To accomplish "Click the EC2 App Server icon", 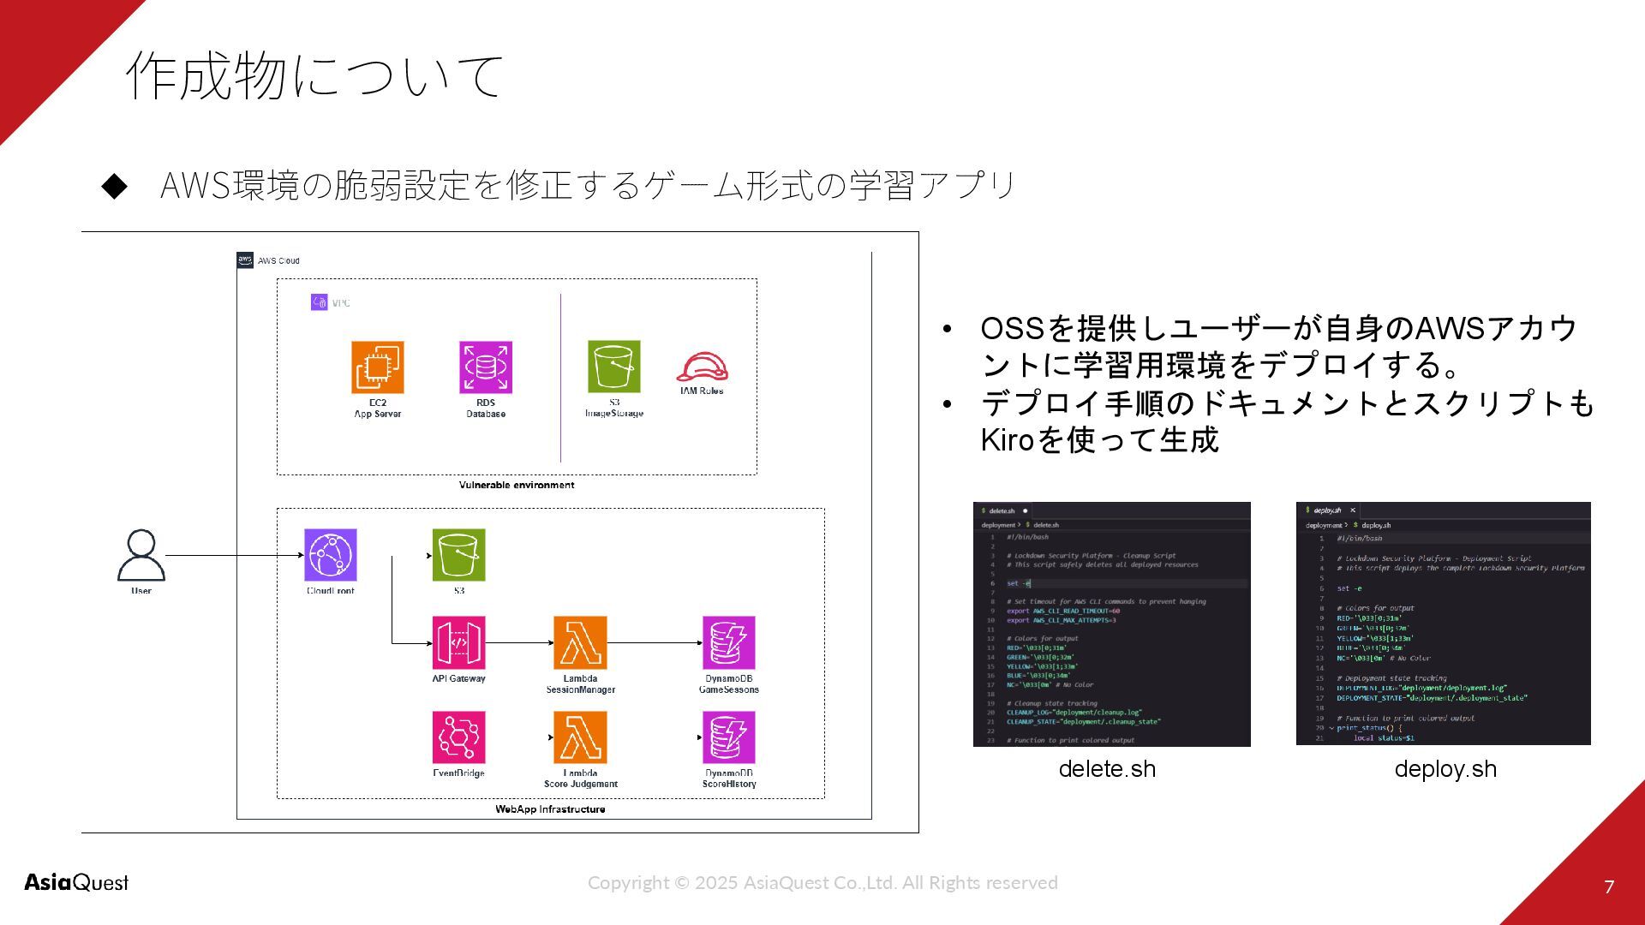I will coord(378,367).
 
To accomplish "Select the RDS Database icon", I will coord(486,367).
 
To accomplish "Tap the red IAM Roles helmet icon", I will coord(702,368).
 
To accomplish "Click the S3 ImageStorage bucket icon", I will coord(614,367).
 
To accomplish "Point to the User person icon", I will coord(141,555).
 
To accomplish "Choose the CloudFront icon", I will coord(331,555).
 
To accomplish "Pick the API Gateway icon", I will coord(458,642).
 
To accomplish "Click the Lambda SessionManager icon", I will coord(580,642).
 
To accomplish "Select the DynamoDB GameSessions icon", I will coord(729,642).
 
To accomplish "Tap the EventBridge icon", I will coord(458,737).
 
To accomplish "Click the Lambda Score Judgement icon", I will coord(580,737).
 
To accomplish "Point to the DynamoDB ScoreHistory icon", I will coord(729,737).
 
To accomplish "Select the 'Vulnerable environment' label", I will coord(517,485).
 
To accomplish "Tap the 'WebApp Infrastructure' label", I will coord(550,809).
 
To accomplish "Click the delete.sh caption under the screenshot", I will coord(1107,768).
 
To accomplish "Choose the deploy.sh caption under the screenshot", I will coord(1445,768).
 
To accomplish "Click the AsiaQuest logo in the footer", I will coord(76,882).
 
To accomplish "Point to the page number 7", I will coord(1609,886).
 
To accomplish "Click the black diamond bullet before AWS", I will coord(114,185).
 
